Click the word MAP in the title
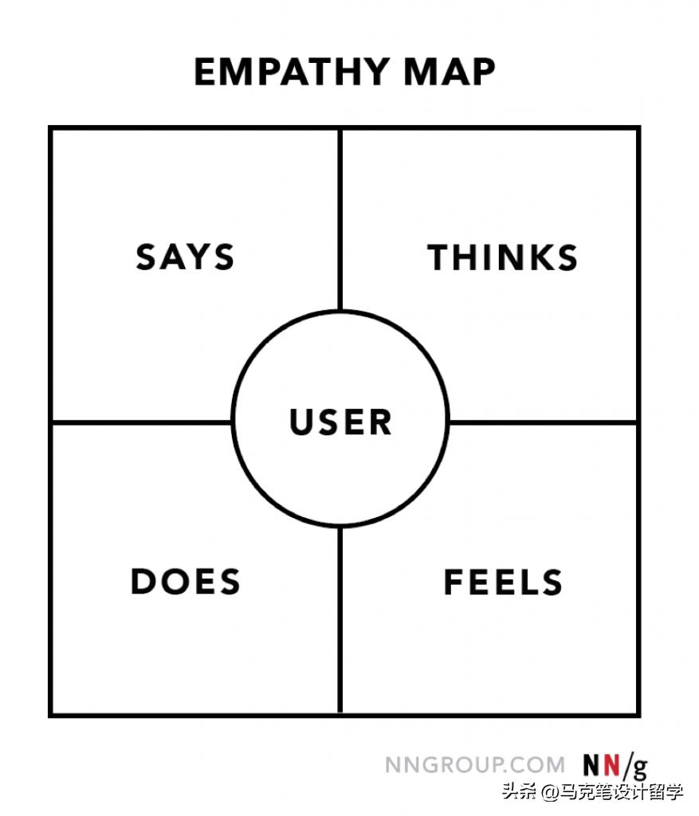450,73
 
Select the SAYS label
185,257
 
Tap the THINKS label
503,258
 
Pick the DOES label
186,582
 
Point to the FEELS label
503,583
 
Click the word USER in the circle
341,422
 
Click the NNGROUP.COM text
475,765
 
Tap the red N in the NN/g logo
611,765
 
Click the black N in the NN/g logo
591,765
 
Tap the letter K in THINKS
541,258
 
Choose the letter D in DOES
143,582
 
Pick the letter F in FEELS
454,583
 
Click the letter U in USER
301,422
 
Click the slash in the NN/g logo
626,766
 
